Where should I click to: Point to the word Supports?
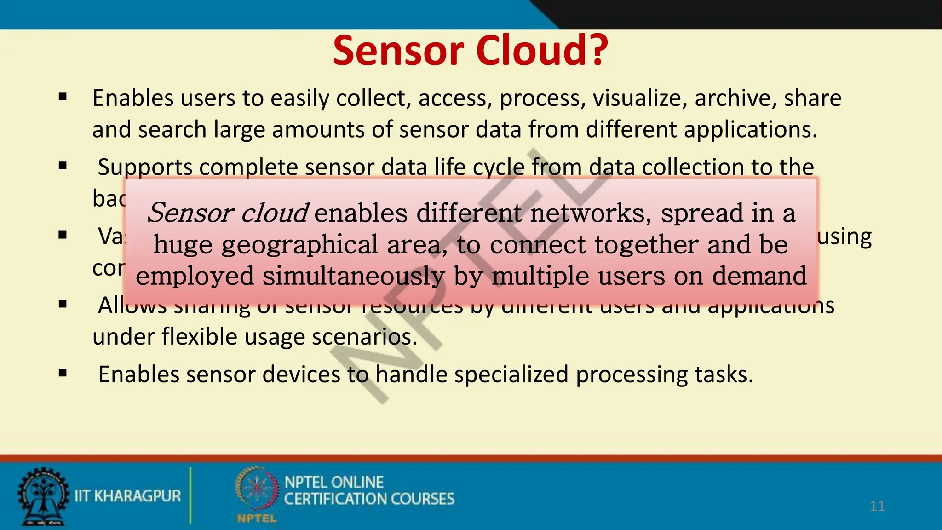click(145, 167)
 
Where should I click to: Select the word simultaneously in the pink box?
click(353, 276)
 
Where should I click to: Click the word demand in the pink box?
click(759, 276)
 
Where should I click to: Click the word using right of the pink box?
click(844, 237)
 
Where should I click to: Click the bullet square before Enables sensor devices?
click(63, 373)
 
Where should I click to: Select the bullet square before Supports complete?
click(63, 166)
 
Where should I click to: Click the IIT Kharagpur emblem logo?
click(43, 496)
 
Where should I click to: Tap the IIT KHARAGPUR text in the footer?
click(128, 496)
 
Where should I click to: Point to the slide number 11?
click(877, 506)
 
